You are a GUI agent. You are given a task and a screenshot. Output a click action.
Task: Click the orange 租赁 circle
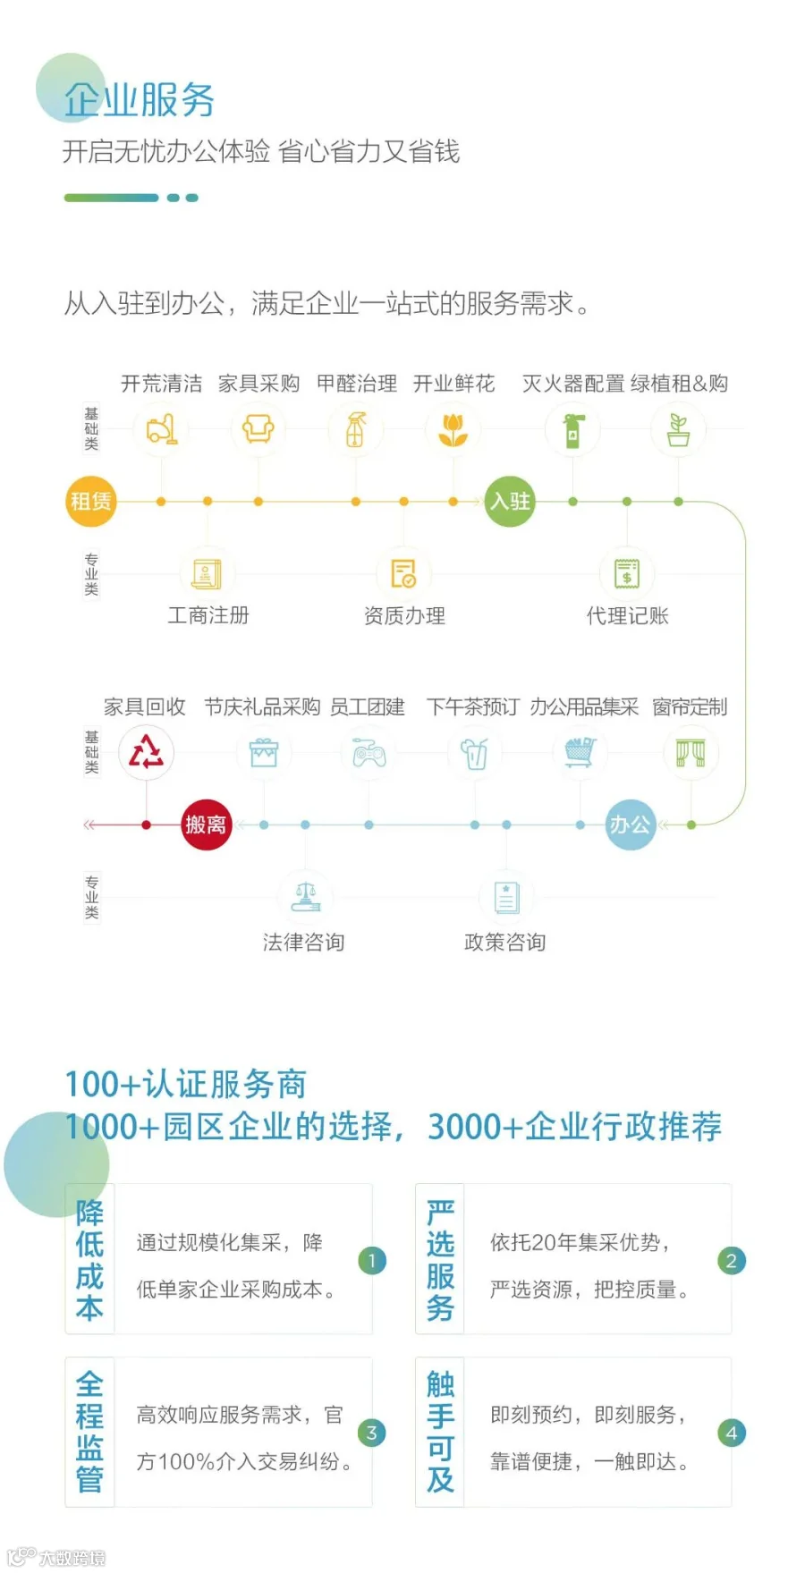tap(91, 501)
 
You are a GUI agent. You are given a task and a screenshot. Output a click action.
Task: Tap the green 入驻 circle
tap(509, 501)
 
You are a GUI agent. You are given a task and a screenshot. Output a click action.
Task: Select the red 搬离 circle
tap(206, 824)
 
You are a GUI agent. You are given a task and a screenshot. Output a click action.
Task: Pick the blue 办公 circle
tap(630, 824)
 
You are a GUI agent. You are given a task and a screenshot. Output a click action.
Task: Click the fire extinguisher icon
tap(572, 430)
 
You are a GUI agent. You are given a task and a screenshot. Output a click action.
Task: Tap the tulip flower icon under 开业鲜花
tap(453, 430)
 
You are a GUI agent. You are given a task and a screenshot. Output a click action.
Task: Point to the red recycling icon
tap(146, 752)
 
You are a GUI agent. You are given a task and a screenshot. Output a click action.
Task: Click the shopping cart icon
tap(580, 752)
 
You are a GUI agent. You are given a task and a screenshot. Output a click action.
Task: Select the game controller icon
tap(369, 754)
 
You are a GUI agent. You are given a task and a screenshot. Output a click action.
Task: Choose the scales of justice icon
tap(305, 896)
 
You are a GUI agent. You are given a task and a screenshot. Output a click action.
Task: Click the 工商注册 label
tap(208, 615)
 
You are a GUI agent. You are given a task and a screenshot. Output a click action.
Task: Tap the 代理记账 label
tap(627, 615)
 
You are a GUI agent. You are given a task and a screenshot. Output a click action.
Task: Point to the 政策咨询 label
tap(504, 942)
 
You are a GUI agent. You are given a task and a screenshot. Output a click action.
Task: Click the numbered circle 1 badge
tap(371, 1260)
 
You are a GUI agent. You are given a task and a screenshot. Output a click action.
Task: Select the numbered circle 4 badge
tap(731, 1433)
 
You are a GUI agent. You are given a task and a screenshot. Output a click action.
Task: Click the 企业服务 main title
tap(140, 99)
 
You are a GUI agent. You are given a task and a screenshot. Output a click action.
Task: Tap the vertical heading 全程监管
tap(89, 1431)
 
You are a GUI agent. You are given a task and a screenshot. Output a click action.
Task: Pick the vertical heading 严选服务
tap(440, 1259)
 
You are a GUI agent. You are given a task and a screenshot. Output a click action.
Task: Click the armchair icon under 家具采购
tap(258, 428)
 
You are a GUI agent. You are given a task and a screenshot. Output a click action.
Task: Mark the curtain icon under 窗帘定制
tap(691, 753)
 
